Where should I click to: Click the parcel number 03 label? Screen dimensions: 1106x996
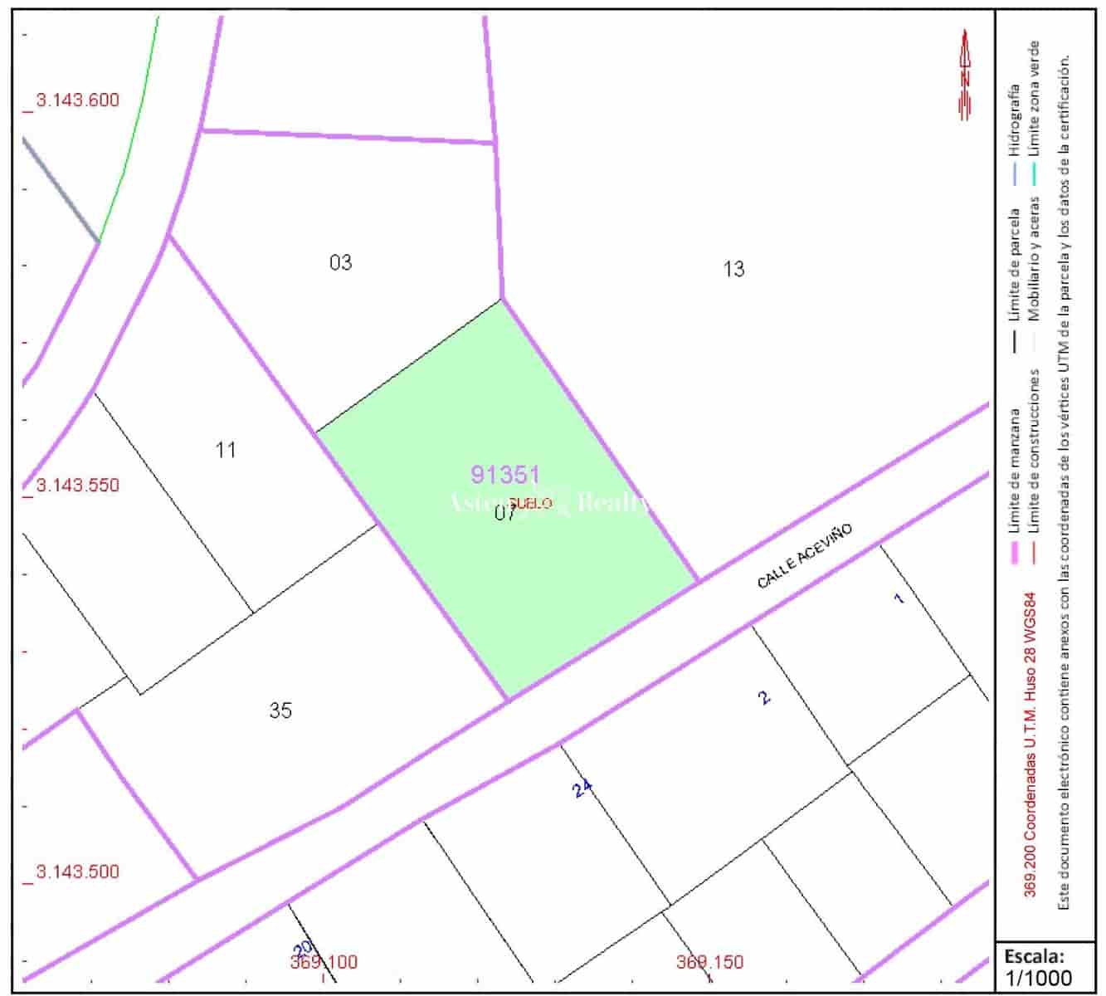pyautogui.click(x=340, y=263)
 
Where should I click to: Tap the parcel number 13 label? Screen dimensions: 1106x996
pyautogui.click(x=733, y=269)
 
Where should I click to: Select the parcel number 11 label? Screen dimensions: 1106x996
pyautogui.click(x=226, y=451)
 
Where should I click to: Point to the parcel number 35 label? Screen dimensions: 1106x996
pyautogui.click(x=280, y=711)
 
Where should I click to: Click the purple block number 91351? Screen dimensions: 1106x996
pyautogui.click(x=505, y=475)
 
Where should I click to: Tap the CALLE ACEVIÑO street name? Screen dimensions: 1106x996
pyautogui.click(x=804, y=556)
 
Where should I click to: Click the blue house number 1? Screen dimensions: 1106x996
pyautogui.click(x=899, y=598)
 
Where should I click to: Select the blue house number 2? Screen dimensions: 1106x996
pyautogui.click(x=764, y=697)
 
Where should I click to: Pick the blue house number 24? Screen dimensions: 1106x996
pyautogui.click(x=583, y=789)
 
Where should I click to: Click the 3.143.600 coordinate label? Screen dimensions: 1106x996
pyautogui.click(x=77, y=100)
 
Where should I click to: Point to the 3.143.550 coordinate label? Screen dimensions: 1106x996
pyautogui.click(x=77, y=486)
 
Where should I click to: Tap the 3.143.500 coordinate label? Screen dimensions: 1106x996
pyautogui.click(x=77, y=871)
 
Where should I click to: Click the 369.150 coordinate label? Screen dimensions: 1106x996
pyautogui.click(x=709, y=963)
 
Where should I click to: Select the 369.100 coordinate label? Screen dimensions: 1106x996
pyautogui.click(x=324, y=963)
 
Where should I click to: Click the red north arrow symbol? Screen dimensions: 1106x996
pyautogui.click(x=965, y=75)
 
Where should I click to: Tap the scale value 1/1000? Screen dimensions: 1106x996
pyautogui.click(x=1038, y=978)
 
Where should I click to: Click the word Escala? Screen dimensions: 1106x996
pyautogui.click(x=1034, y=954)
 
